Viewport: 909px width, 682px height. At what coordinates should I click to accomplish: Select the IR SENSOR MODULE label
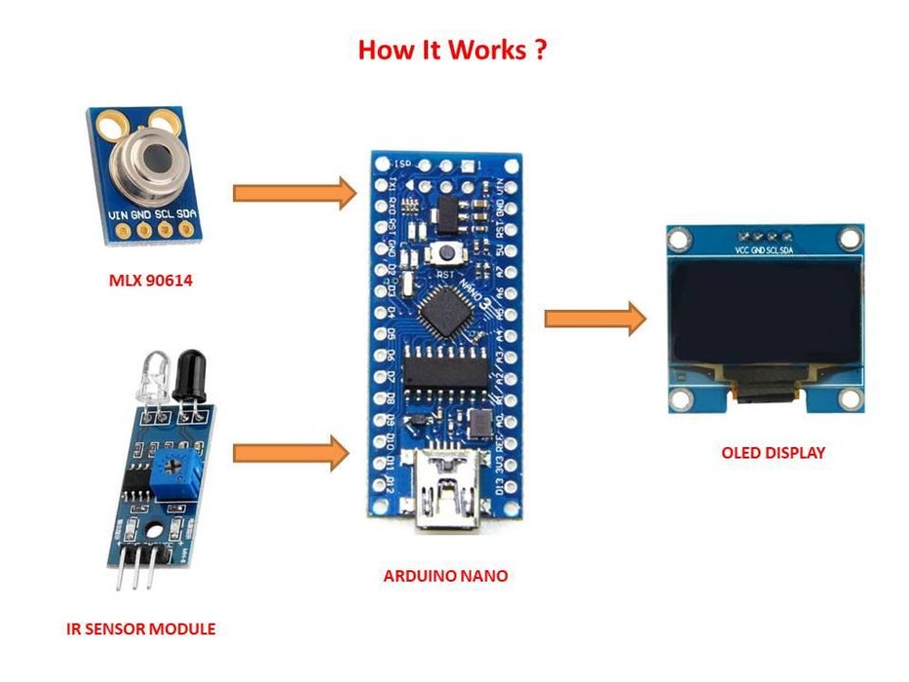[x=141, y=628]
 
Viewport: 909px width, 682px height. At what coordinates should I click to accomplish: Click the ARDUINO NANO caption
[x=445, y=576]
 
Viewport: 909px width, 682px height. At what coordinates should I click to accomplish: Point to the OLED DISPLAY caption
[x=773, y=452]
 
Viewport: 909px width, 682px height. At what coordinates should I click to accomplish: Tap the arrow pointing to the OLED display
[x=594, y=319]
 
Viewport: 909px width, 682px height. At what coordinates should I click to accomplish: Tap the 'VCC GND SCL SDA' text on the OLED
[x=766, y=250]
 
